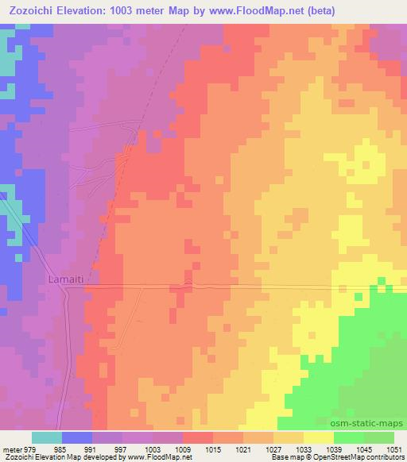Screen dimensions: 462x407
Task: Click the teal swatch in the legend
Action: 47,437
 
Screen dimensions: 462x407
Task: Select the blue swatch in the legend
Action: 77,437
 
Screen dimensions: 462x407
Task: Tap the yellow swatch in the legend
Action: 319,437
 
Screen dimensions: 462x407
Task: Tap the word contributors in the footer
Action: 385,458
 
